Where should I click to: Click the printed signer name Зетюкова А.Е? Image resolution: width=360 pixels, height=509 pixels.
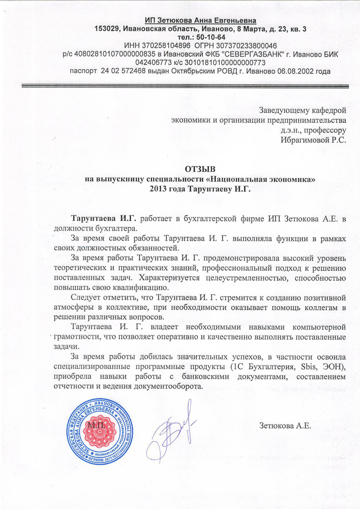[284, 426]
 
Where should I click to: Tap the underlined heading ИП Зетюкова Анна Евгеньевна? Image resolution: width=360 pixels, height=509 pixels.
[200, 20]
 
